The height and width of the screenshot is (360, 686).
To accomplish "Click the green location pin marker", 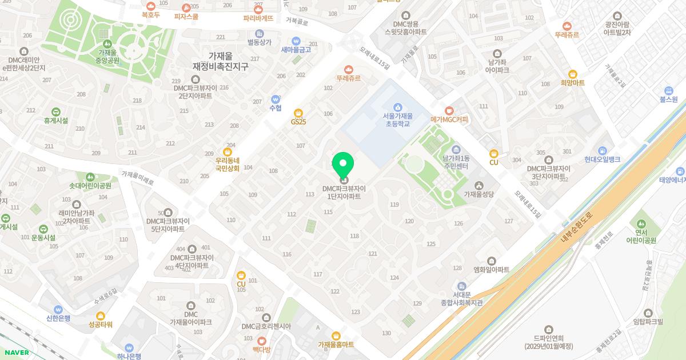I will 343,165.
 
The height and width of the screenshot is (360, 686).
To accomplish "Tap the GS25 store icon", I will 298,113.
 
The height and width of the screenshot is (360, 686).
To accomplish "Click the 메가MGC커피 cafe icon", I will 449,110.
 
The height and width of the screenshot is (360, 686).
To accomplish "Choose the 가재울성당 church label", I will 478,194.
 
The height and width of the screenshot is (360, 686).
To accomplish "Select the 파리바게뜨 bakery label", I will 258,18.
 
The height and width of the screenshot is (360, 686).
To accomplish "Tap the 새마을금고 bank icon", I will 296,41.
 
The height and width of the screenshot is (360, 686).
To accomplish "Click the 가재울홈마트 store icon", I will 336,335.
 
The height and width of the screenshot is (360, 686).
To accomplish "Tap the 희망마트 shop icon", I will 573,74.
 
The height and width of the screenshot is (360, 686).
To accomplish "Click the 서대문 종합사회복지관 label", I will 462,298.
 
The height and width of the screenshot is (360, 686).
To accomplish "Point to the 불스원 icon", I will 668,90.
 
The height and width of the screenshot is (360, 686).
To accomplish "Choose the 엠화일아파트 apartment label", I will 491,269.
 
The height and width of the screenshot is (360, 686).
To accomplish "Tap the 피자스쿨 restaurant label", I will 186,17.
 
